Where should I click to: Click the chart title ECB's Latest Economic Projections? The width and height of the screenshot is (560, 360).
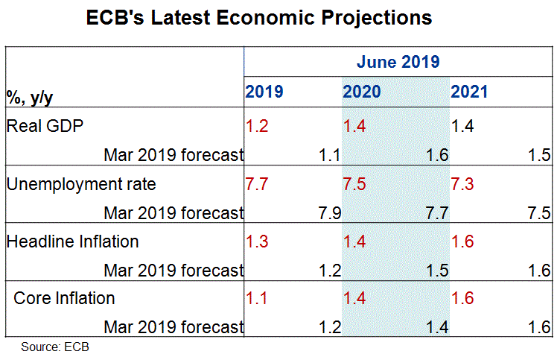pos(259,19)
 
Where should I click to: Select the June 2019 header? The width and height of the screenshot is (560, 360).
pos(397,62)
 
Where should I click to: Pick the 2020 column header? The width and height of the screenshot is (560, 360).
pos(362,92)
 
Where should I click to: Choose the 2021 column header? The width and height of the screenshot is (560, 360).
pos(469,92)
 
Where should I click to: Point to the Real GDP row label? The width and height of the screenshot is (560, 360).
pos(44,125)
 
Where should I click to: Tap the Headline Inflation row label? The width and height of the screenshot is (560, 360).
pos(72,241)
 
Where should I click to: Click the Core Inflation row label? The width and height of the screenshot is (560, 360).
pos(65,299)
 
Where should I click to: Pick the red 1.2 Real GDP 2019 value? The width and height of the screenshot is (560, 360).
pos(257,125)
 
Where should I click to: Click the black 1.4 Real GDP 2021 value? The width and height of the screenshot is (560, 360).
pos(463,125)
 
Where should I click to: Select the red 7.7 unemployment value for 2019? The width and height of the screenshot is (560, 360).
pos(257,183)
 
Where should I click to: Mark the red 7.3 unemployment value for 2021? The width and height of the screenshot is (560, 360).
pos(463,183)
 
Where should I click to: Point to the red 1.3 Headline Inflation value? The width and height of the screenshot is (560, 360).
pos(257,241)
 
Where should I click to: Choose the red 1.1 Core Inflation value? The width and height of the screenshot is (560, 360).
pos(257,299)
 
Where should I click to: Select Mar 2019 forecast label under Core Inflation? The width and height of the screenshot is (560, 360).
pos(174,327)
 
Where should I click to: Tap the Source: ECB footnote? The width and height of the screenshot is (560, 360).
pos(55,347)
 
